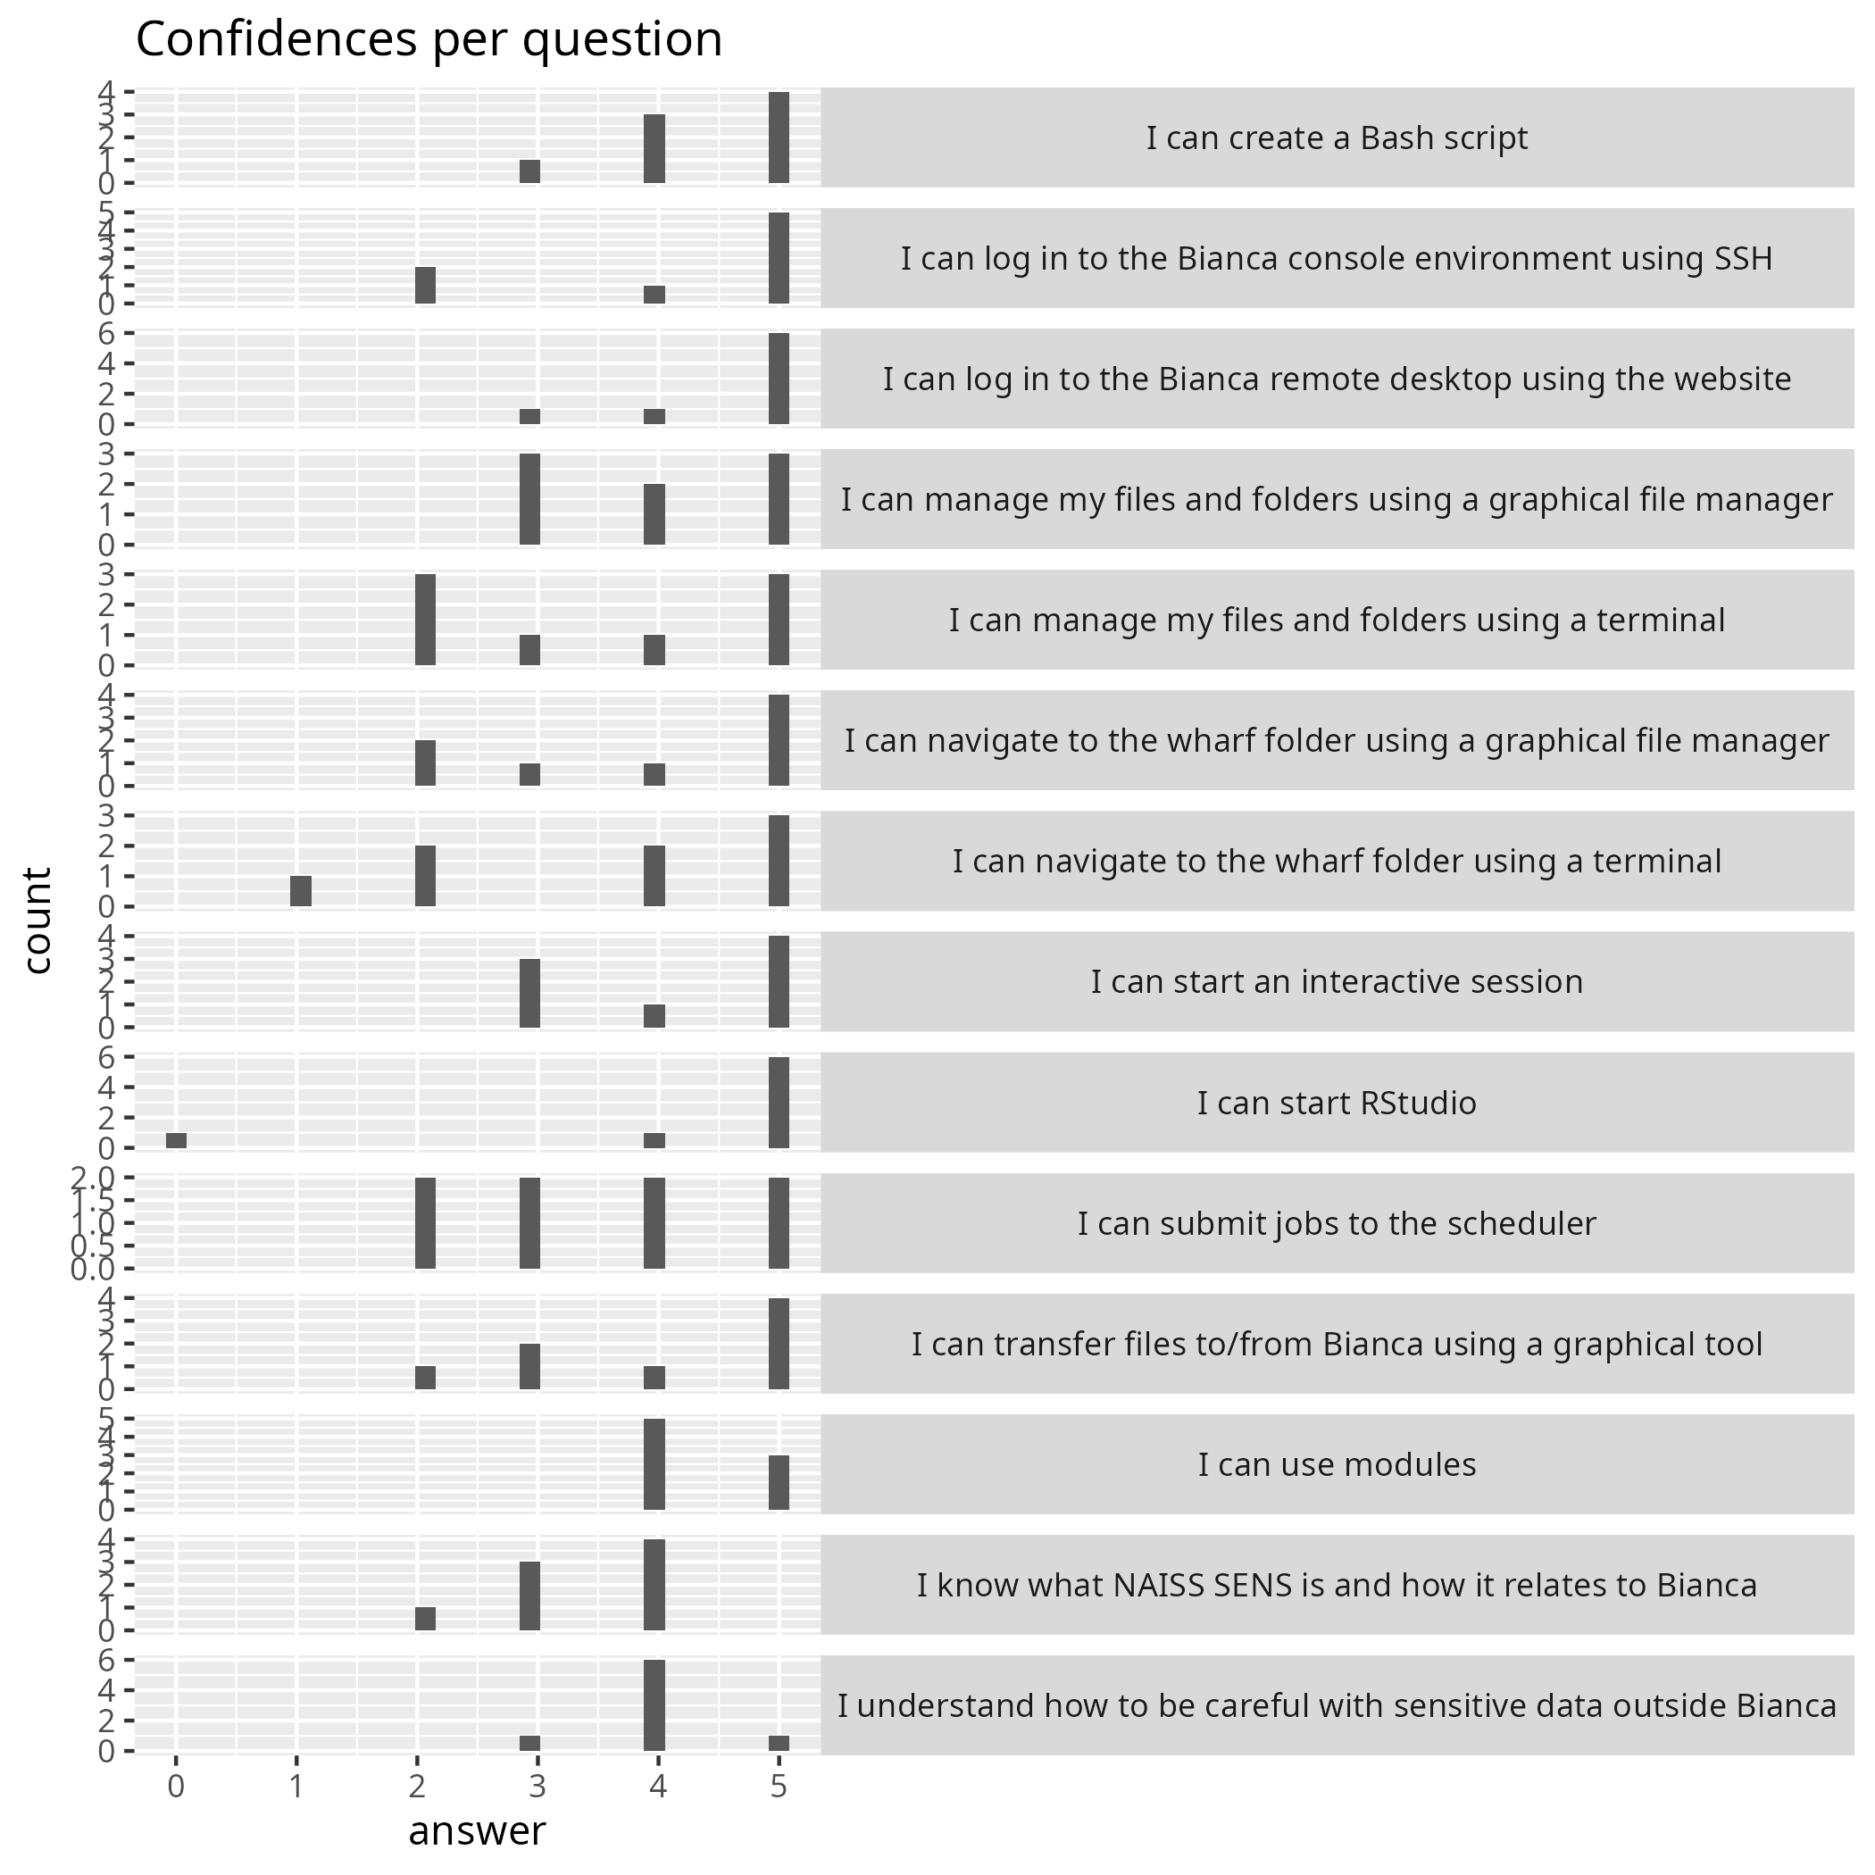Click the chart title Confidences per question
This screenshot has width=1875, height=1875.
click(429, 41)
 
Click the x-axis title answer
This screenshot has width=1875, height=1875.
click(477, 1830)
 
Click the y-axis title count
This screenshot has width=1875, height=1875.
click(37, 920)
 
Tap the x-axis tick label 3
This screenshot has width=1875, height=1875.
click(537, 1787)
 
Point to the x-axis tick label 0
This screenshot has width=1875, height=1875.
click(176, 1787)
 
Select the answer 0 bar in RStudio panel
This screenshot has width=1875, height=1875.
click(176, 1140)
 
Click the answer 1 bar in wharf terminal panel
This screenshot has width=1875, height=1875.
click(301, 891)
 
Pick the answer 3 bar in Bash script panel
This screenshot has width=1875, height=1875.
click(529, 171)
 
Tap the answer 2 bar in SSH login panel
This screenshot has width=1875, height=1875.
click(425, 286)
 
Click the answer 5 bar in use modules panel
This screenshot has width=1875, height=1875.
click(779, 1482)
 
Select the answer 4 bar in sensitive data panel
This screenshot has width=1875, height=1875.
click(654, 1705)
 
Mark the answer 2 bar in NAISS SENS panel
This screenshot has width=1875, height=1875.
click(425, 1619)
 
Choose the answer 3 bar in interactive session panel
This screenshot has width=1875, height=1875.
click(529, 993)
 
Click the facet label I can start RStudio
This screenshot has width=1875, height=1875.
click(1337, 1104)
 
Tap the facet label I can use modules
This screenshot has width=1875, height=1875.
click(1337, 1464)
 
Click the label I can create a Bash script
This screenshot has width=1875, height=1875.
click(1337, 137)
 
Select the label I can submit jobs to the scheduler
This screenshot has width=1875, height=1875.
click(1337, 1224)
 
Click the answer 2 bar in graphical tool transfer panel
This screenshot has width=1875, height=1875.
click(425, 1378)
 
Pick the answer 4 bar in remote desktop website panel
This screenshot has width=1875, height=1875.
click(654, 416)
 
